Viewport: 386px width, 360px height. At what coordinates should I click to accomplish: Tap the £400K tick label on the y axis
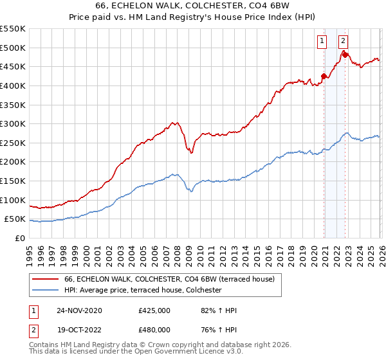[x=13, y=85]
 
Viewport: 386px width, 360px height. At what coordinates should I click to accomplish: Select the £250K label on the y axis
[x=13, y=143]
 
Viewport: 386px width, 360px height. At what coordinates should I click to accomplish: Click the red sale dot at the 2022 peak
[x=345, y=55]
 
